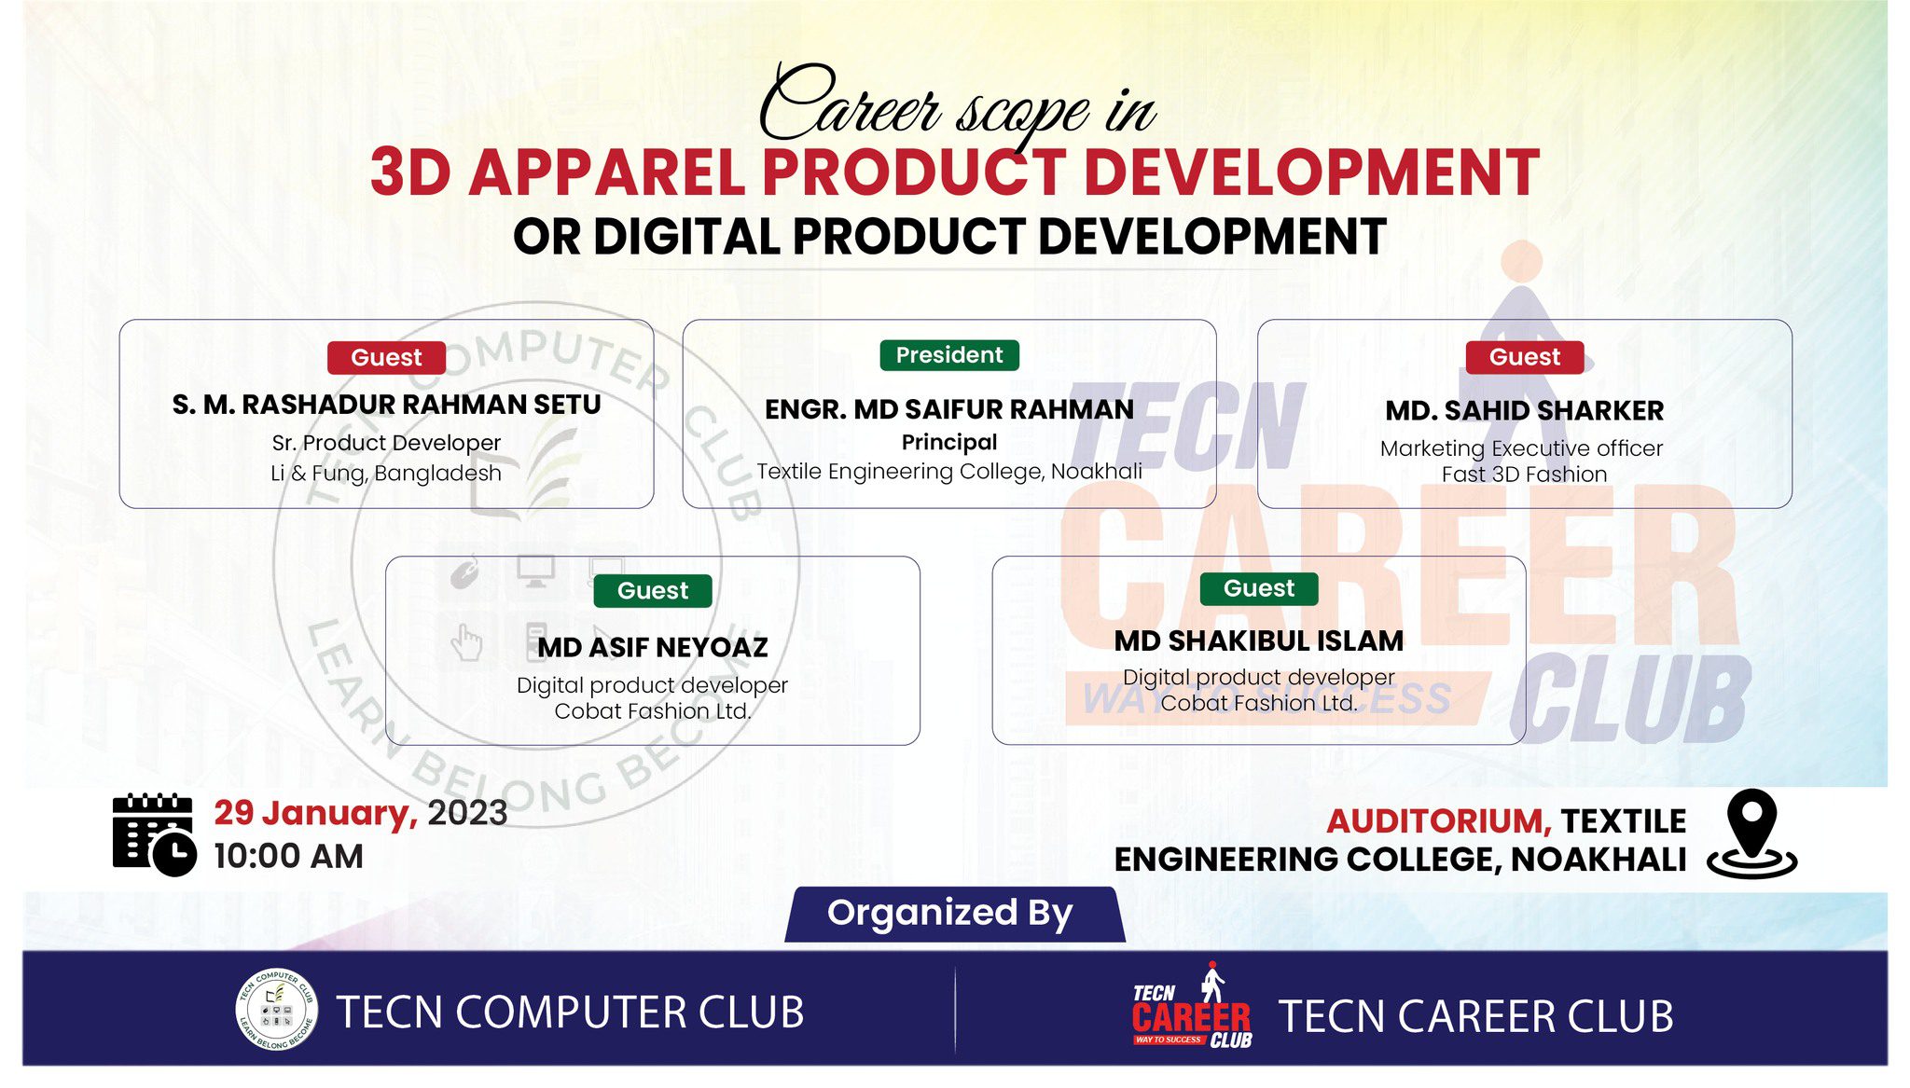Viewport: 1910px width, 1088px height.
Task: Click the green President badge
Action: point(949,355)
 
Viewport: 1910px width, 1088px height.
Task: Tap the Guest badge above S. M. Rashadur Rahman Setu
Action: point(386,357)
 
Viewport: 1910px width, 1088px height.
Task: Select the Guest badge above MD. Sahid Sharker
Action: point(1524,357)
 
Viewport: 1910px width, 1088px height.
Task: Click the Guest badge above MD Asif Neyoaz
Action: point(653,591)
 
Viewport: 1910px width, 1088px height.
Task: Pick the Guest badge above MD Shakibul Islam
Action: point(1259,589)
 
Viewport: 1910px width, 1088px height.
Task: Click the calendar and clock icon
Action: point(154,834)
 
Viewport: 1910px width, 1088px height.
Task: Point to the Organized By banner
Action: point(954,914)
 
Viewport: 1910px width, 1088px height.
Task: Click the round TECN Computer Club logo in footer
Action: point(276,1011)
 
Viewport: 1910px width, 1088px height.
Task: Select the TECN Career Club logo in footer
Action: point(1193,1006)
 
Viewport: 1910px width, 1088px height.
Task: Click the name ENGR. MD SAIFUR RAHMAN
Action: point(949,409)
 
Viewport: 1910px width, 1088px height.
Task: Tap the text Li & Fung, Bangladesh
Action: point(386,474)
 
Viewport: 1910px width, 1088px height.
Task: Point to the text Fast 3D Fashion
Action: point(1524,475)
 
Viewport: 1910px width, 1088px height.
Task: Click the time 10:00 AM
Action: point(289,856)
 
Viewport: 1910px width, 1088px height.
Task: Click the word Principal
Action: point(949,442)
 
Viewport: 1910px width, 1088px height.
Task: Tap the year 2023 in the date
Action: point(467,813)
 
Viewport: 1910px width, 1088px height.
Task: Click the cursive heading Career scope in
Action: point(958,107)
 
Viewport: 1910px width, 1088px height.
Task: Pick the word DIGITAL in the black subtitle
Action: point(687,237)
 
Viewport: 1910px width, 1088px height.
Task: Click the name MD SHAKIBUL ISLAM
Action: point(1259,641)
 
